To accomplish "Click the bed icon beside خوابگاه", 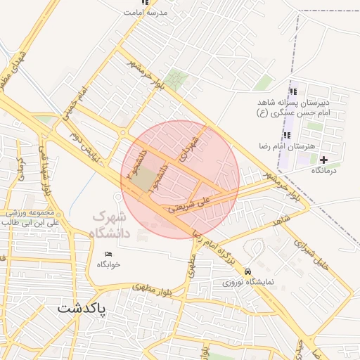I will click(108, 253).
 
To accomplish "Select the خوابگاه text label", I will click(109, 264).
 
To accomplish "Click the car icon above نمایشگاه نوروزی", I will click(247, 271).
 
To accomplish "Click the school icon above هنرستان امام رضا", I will click(286, 134).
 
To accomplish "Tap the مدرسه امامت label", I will click(145, 13).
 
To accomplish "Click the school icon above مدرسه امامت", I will click(146, 3).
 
